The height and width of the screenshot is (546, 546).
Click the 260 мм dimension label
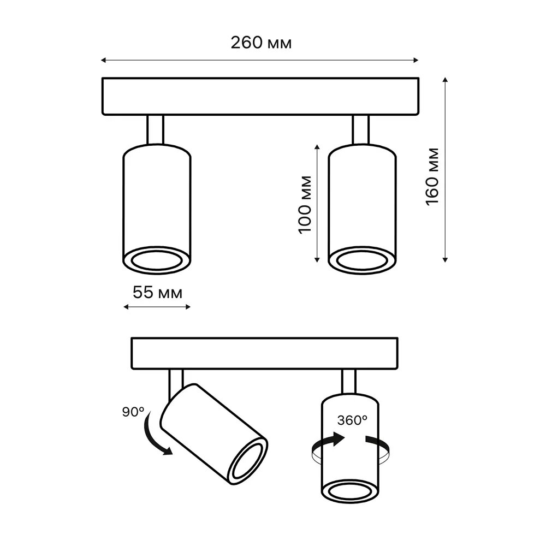click(x=260, y=43)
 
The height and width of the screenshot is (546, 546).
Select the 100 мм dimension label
click(x=306, y=204)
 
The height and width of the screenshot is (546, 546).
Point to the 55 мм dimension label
click(x=157, y=292)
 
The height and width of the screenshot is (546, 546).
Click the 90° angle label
click(x=133, y=412)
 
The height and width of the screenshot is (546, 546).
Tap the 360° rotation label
click(x=352, y=420)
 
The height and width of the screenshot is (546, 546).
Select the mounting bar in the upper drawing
click(x=261, y=97)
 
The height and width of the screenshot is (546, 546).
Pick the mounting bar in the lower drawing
click(x=266, y=353)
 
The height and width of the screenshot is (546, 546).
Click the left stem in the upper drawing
click(x=155, y=129)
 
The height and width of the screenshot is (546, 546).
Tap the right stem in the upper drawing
click(x=361, y=129)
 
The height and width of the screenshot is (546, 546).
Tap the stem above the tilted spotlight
click(x=176, y=380)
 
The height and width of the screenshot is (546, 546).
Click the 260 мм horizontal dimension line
click(x=260, y=60)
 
